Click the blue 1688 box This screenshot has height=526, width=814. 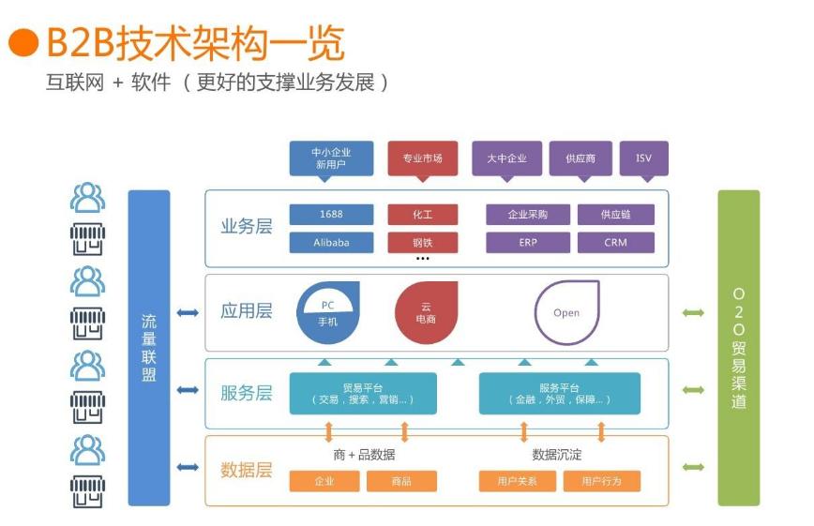tap(331, 215)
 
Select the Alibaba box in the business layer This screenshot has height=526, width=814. tap(331, 243)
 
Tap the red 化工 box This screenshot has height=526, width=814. tap(422, 215)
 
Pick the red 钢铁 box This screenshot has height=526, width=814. tap(422, 243)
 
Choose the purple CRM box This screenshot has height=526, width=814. tap(615, 243)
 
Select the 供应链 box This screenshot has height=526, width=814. tap(615, 215)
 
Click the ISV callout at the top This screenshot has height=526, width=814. tap(643, 158)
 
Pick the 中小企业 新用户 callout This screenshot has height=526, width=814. tap(331, 158)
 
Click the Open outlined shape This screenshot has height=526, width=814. tap(566, 312)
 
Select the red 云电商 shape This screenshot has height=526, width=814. tap(426, 312)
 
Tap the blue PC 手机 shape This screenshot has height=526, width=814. tap(328, 312)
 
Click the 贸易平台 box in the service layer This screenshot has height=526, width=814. tap(363, 393)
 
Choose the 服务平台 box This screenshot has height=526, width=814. tap(560, 393)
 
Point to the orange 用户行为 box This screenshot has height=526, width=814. tap(601, 481)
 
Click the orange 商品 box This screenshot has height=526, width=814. tap(401, 481)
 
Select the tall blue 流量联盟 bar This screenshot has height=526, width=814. tap(148, 347)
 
